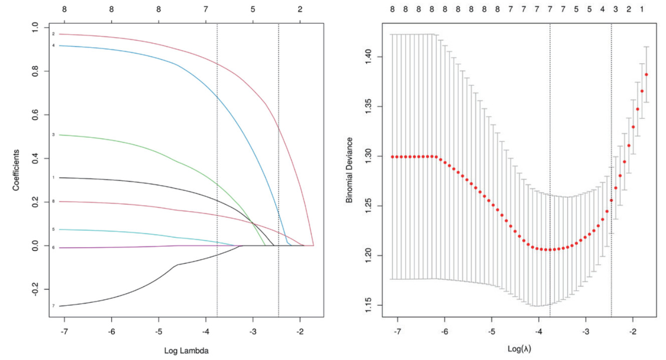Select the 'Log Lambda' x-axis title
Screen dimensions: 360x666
click(186, 351)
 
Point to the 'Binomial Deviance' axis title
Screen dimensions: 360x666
click(349, 169)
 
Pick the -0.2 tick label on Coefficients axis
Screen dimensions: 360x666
click(38, 290)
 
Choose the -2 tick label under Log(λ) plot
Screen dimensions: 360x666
click(633, 332)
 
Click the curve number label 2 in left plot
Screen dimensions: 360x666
click(53, 34)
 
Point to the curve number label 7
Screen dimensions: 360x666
click(53, 306)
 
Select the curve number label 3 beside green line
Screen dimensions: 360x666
click(53, 135)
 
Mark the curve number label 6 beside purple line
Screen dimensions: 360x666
click(53, 247)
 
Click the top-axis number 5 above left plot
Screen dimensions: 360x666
click(253, 9)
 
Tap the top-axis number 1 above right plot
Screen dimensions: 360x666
click(642, 9)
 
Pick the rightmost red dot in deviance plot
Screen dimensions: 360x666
click(646, 75)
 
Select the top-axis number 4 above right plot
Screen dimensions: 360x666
click(602, 9)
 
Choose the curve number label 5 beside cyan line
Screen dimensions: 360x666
click(53, 229)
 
